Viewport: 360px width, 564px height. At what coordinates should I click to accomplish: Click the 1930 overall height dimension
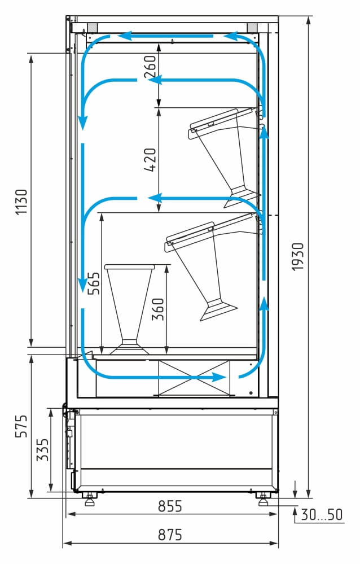tap(297, 256)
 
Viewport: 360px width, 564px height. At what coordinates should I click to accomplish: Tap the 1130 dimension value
tap(21, 202)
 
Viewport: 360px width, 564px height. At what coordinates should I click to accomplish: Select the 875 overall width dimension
tap(170, 535)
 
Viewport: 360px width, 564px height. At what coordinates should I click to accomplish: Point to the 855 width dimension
tap(170, 506)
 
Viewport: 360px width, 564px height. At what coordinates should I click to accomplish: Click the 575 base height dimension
tap(21, 426)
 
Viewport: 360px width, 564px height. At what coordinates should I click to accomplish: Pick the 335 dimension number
tap(42, 449)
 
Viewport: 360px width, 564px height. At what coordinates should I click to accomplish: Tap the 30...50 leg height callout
tap(322, 515)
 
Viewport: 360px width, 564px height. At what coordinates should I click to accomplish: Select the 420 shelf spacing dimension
tap(150, 160)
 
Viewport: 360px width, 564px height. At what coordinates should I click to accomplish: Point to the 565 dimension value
tap(94, 283)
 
